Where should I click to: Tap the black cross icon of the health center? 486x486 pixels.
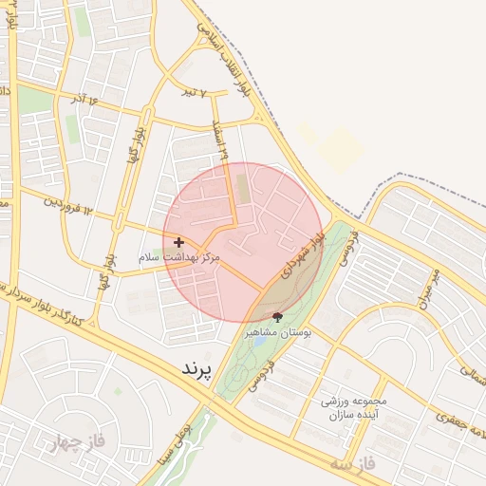point(179,243)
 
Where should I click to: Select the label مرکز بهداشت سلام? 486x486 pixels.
point(179,257)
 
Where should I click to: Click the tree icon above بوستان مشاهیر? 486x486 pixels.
point(277,316)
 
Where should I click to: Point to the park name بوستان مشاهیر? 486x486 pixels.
point(275,332)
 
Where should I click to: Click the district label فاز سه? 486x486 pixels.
point(353,463)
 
